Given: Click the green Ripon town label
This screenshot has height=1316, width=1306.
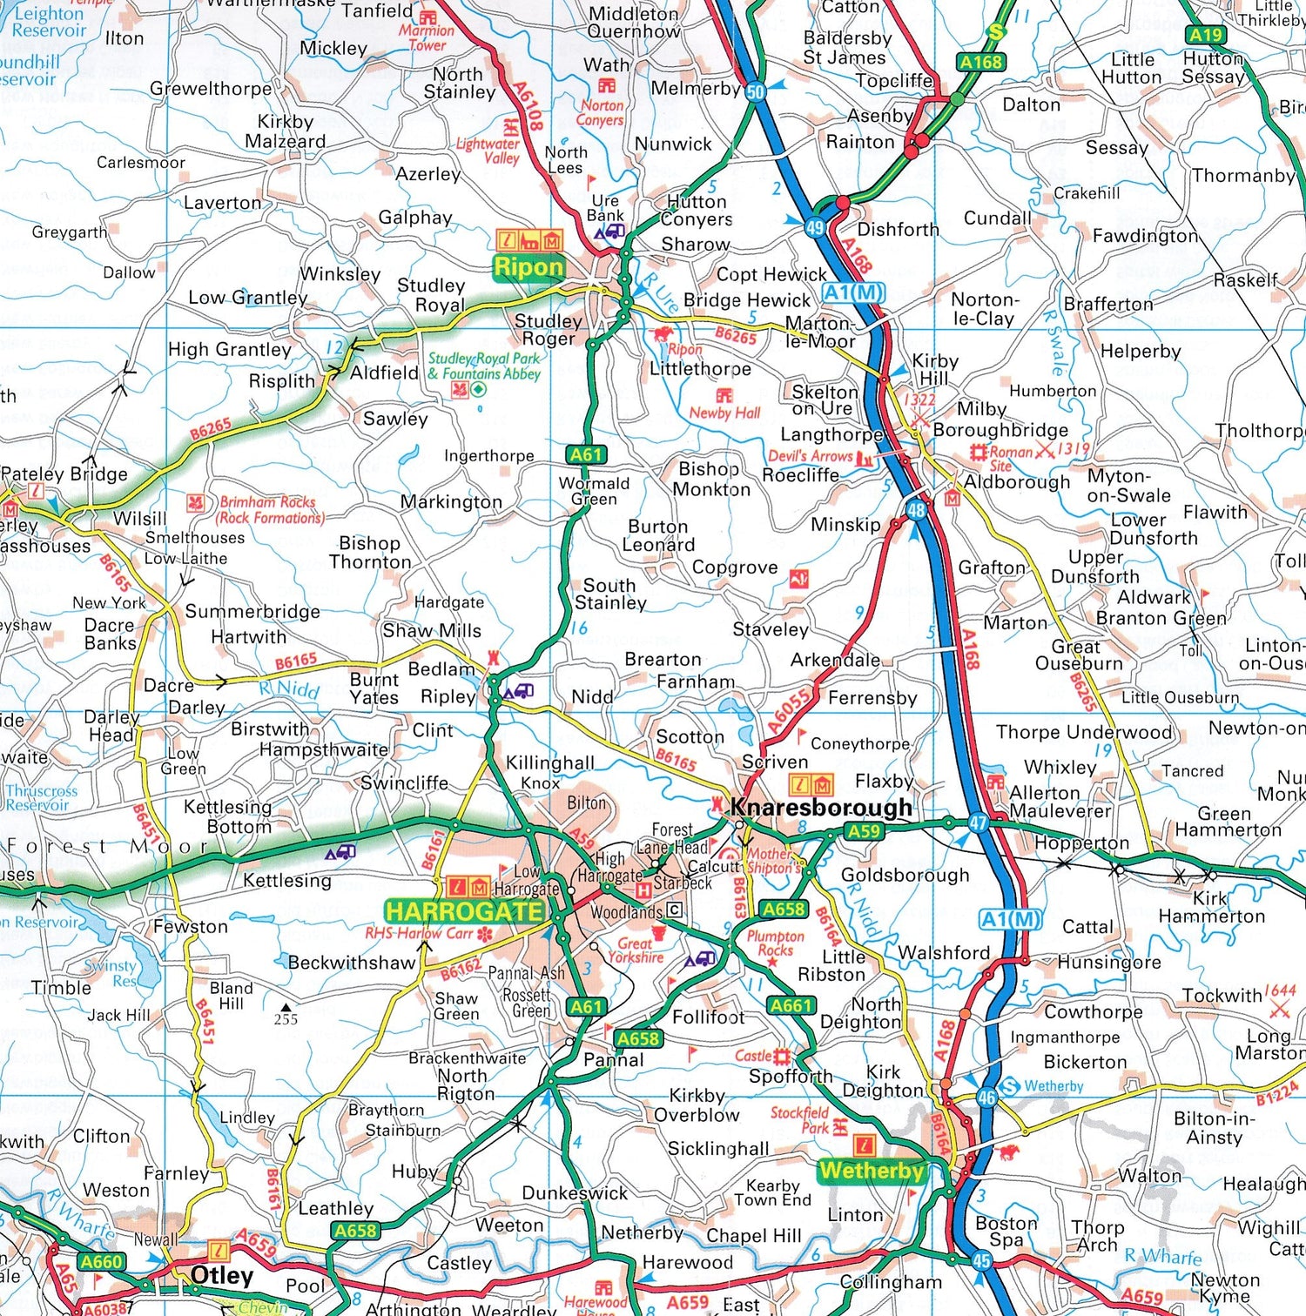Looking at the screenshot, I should click(x=528, y=267).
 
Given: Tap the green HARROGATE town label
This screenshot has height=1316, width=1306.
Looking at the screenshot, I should click(x=465, y=911).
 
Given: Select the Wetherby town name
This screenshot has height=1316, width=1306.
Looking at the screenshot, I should click(x=871, y=1171).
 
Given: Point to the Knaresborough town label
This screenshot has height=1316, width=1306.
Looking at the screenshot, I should click(x=820, y=807).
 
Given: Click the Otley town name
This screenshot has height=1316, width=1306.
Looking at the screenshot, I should click(x=221, y=1275).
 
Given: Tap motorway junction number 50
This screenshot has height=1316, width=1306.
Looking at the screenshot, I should click(x=755, y=91).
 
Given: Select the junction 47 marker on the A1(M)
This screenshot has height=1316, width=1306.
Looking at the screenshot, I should click(x=978, y=822).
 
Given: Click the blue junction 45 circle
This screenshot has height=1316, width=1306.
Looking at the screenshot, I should click(x=982, y=1260).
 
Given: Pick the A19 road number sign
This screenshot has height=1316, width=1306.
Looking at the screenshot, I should click(x=1206, y=35).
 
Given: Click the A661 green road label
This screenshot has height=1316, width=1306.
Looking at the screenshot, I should click(x=791, y=1005).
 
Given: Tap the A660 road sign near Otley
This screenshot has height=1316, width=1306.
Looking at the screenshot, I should click(x=102, y=1261).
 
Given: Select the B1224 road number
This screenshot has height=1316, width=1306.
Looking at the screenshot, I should click(x=1276, y=1093).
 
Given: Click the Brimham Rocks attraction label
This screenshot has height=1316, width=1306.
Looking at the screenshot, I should click(x=268, y=509).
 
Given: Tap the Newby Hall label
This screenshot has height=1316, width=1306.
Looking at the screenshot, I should click(x=724, y=413).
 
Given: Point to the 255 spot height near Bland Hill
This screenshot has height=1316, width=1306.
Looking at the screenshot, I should click(x=286, y=1019).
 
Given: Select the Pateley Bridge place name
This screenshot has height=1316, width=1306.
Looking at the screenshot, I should click(x=64, y=474).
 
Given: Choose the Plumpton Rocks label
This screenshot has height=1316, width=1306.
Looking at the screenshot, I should click(x=775, y=943).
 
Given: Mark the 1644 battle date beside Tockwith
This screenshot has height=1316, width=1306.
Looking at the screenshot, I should click(x=1280, y=990).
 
